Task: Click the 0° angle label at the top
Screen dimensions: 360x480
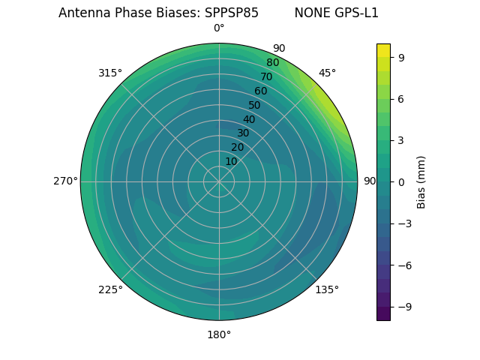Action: [219, 28]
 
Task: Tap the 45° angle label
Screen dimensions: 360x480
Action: [327, 73]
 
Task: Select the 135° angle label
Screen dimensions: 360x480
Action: [327, 289]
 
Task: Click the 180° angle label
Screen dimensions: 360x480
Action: [219, 334]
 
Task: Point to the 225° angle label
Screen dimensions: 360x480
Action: [110, 289]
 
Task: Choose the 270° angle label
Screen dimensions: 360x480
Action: [65, 181]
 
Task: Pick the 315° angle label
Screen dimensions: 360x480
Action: [110, 73]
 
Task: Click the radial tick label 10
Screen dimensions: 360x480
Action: [231, 161]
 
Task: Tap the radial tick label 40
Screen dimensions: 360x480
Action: [249, 119]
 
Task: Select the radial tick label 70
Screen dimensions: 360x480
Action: [267, 76]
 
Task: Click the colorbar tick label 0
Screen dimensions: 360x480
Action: [402, 181]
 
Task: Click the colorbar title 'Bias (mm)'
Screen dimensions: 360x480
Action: [421, 181]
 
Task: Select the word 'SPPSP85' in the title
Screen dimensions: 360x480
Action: [232, 13]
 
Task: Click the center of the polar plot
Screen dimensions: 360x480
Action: [219, 181]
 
